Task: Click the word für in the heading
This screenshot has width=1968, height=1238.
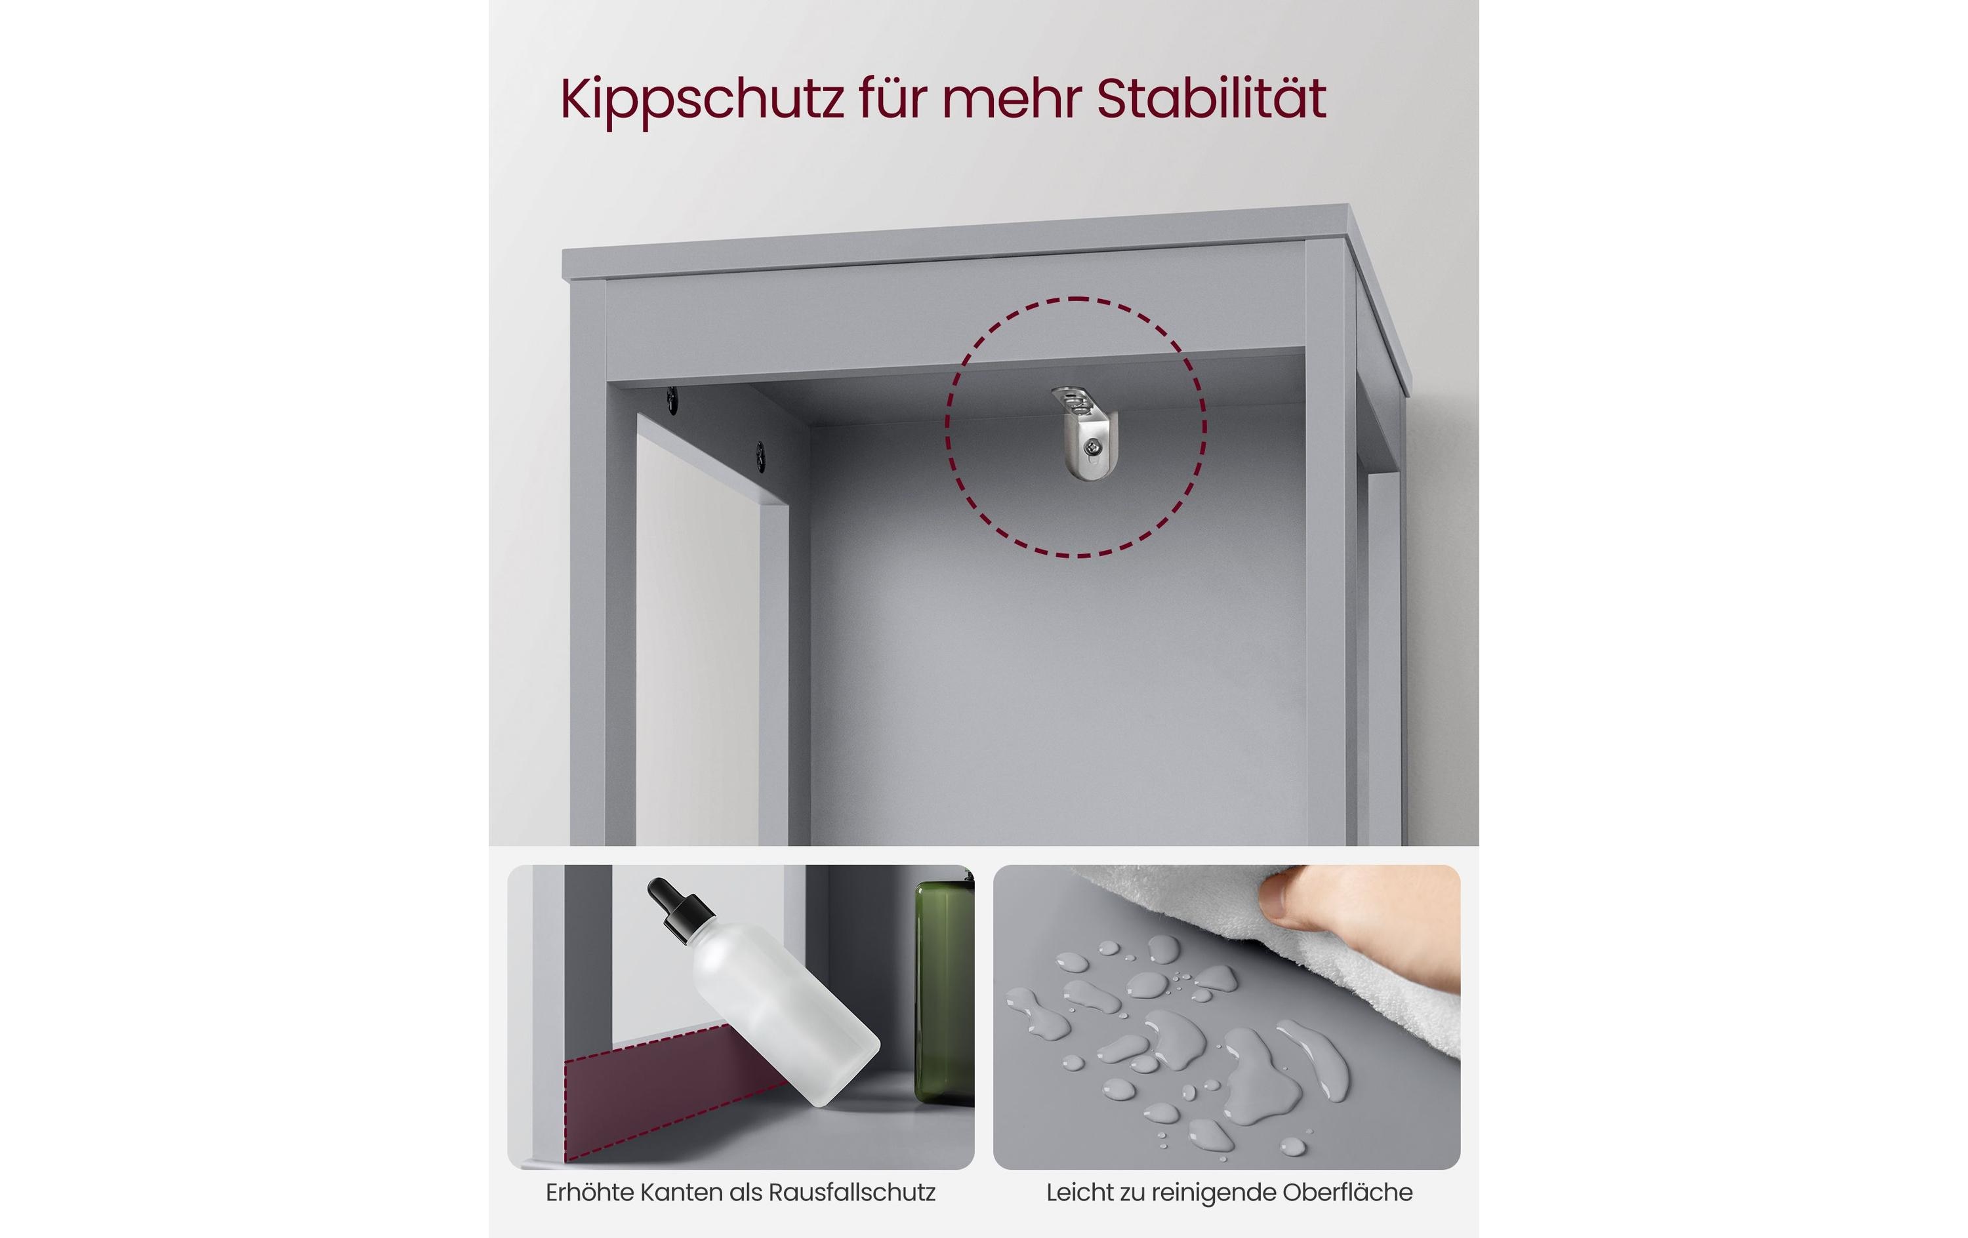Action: (892, 99)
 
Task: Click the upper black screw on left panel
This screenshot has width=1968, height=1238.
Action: (672, 399)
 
